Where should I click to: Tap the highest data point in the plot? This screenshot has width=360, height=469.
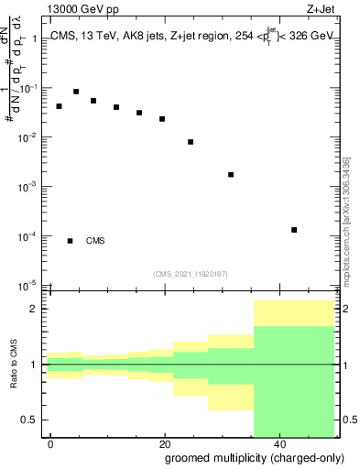[x=76, y=92]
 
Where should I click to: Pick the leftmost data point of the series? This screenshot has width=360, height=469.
[x=59, y=106]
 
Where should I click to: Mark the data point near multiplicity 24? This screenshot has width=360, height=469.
[x=191, y=142]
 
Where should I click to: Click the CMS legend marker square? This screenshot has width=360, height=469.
[x=71, y=241]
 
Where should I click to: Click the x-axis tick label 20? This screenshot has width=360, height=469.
[x=165, y=443]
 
